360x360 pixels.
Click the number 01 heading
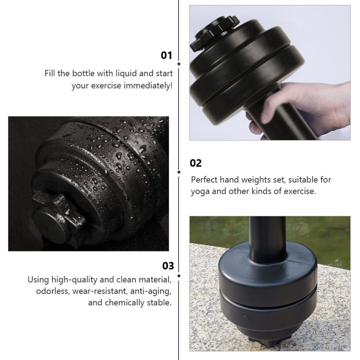[166, 55]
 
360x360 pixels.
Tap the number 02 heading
[195, 163]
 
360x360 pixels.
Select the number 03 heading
[168, 266]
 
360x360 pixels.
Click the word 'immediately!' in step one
[148, 86]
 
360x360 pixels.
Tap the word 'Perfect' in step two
[204, 180]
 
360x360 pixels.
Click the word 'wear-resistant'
[100, 291]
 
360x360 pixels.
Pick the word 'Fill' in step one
[50, 73]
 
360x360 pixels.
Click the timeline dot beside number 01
[179, 64]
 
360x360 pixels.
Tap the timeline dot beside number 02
[179, 172]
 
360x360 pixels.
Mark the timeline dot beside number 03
[179, 276]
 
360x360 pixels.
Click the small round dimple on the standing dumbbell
[246, 319]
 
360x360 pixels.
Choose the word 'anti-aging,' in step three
[151, 292]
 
